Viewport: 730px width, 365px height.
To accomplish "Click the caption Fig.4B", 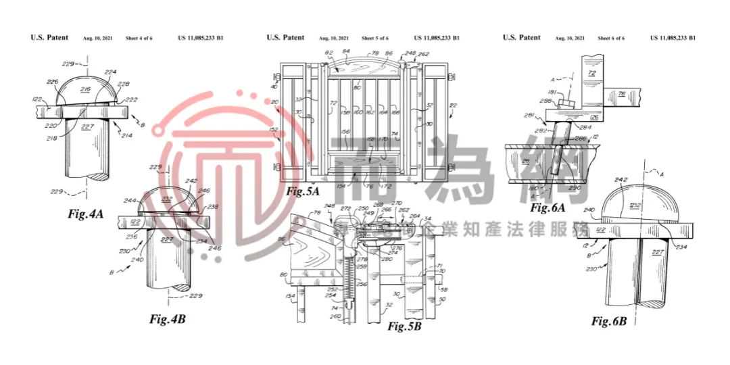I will [167, 319].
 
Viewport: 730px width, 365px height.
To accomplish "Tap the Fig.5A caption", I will [303, 191].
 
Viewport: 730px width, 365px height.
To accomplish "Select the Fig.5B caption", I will [404, 326].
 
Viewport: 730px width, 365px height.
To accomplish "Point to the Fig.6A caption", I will [548, 208].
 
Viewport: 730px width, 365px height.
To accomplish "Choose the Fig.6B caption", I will [609, 320].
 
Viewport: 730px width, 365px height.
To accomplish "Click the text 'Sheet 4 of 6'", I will [139, 39].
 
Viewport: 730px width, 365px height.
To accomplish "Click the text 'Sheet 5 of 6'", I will [375, 39].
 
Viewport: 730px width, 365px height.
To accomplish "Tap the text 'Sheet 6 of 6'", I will [611, 39].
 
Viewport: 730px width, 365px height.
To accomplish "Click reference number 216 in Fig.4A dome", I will [86, 89].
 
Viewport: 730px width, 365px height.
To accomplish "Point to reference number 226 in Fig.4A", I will [51, 83].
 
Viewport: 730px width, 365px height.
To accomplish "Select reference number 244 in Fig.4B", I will [129, 201].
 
